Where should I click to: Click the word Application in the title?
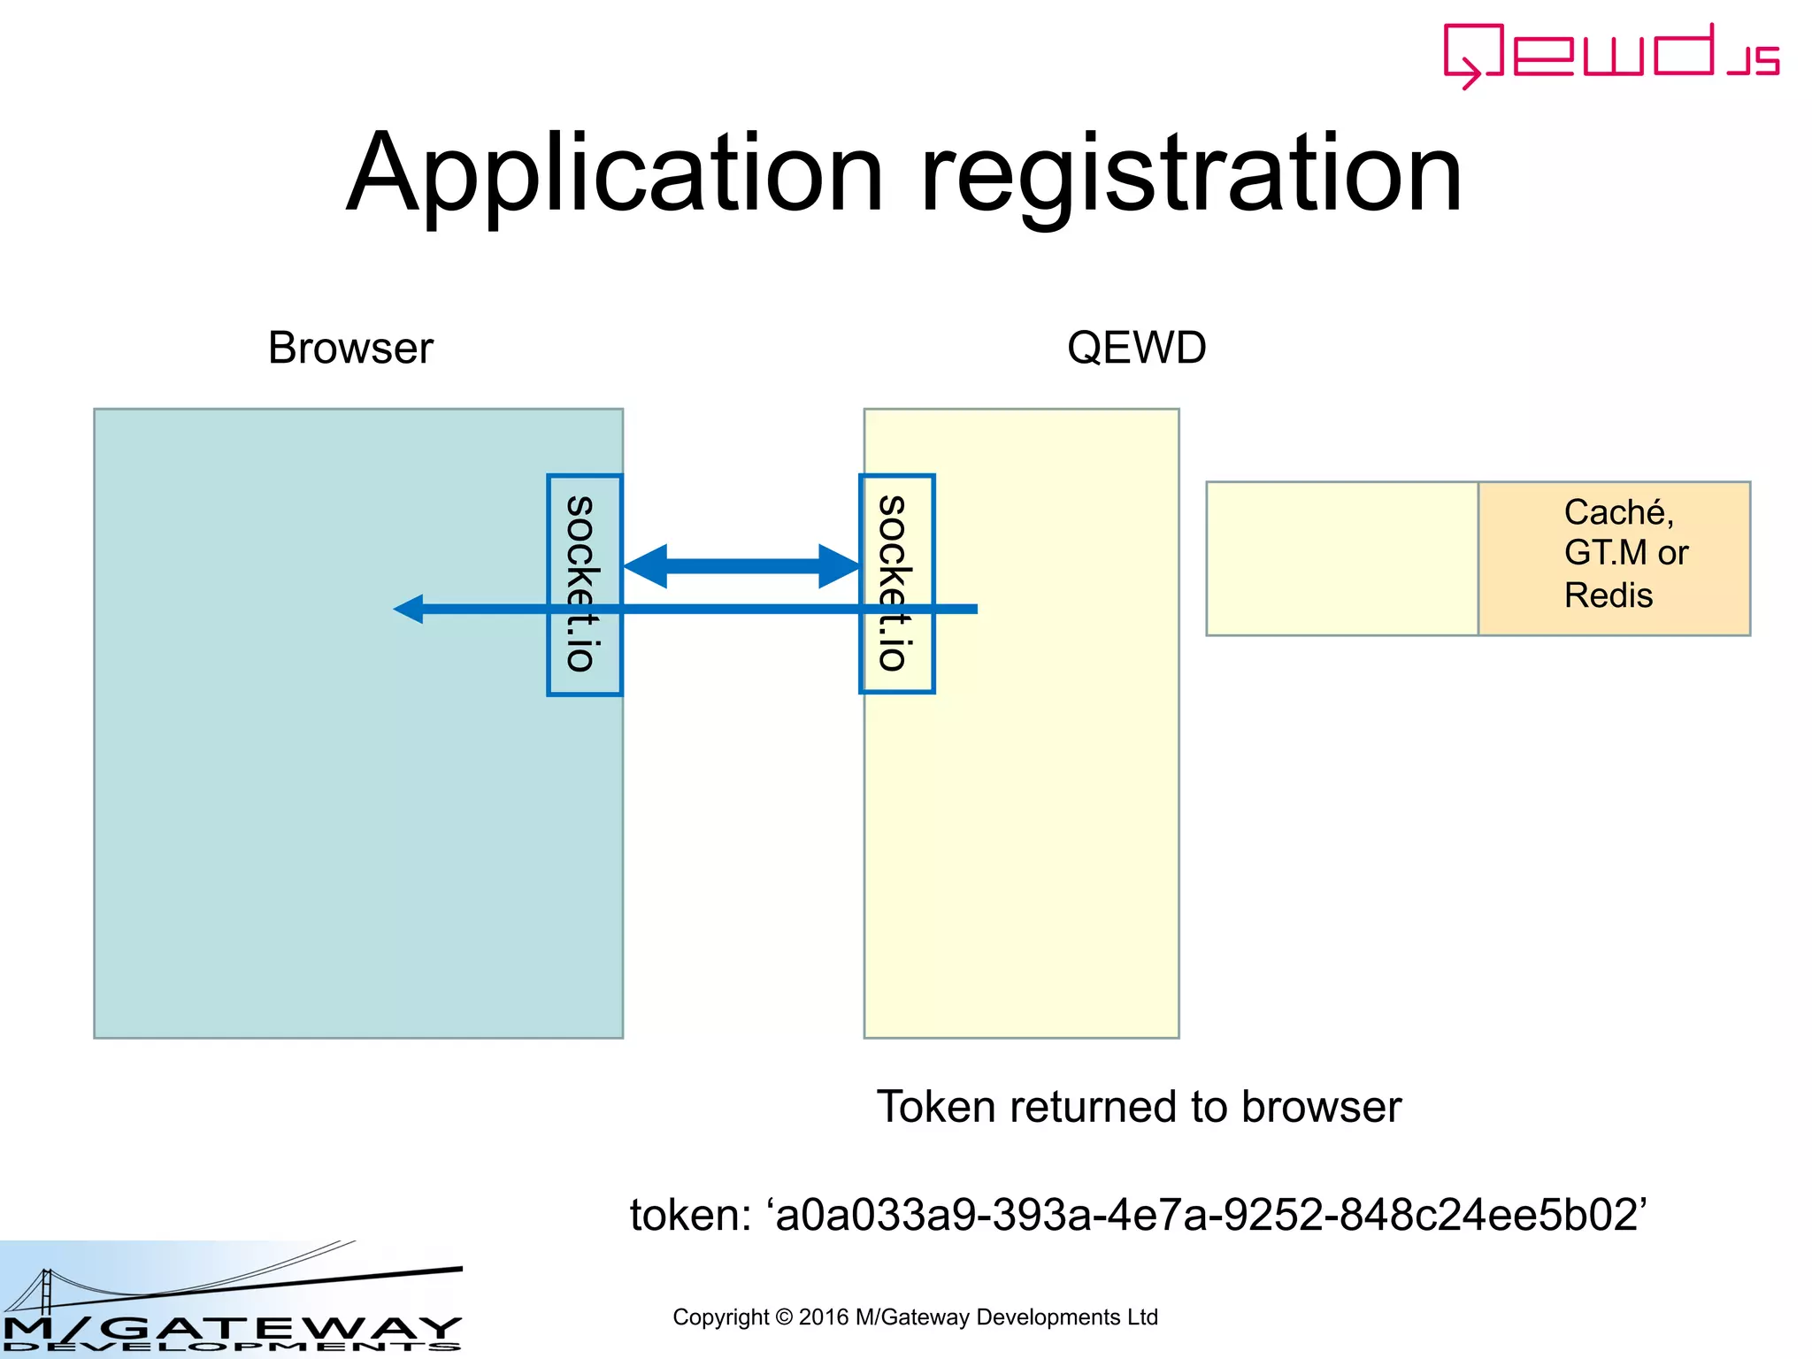[x=615, y=174]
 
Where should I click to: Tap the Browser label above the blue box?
[x=350, y=348]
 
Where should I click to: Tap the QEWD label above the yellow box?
[x=1136, y=348]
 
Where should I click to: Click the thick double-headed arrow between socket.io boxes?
[x=741, y=566]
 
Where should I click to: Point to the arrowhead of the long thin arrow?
[x=408, y=609]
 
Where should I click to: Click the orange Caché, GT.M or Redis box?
[x=1614, y=558]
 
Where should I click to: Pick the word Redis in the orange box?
[x=1608, y=595]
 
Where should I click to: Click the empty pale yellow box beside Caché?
[x=1341, y=558]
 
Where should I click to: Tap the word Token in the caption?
[x=936, y=1107]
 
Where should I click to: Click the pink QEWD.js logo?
[x=1610, y=55]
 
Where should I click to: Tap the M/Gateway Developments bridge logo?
[x=230, y=1299]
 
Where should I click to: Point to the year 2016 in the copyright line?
[x=823, y=1317]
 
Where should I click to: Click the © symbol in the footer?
[x=783, y=1317]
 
